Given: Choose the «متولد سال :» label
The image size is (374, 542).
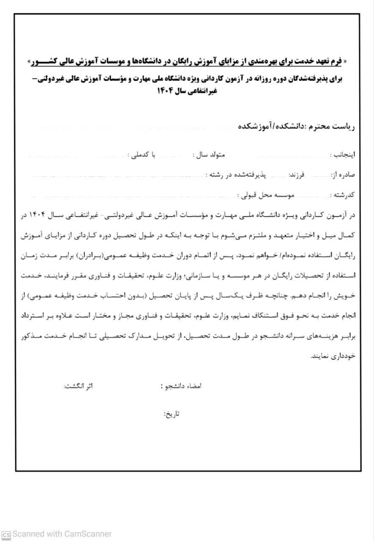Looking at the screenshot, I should (x=209, y=155).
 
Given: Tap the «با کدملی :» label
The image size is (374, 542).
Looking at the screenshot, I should (x=142, y=155).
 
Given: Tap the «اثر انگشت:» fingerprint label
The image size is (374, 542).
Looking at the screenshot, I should (x=78, y=386).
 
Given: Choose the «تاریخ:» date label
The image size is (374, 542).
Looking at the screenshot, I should (x=172, y=414).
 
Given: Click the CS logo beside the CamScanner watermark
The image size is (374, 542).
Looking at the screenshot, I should (x=6, y=534).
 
